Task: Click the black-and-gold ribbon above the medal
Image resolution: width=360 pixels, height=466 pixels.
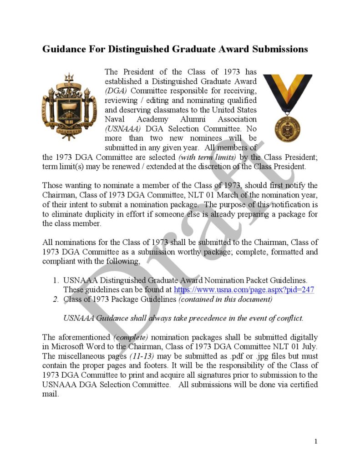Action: [288, 91]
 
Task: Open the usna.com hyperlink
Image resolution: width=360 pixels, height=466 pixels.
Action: [244, 289]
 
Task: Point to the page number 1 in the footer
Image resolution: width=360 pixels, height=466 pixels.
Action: [316, 441]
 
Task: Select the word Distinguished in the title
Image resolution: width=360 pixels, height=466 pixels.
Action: [151, 49]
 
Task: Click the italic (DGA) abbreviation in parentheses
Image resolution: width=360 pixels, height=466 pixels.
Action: [116, 91]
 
